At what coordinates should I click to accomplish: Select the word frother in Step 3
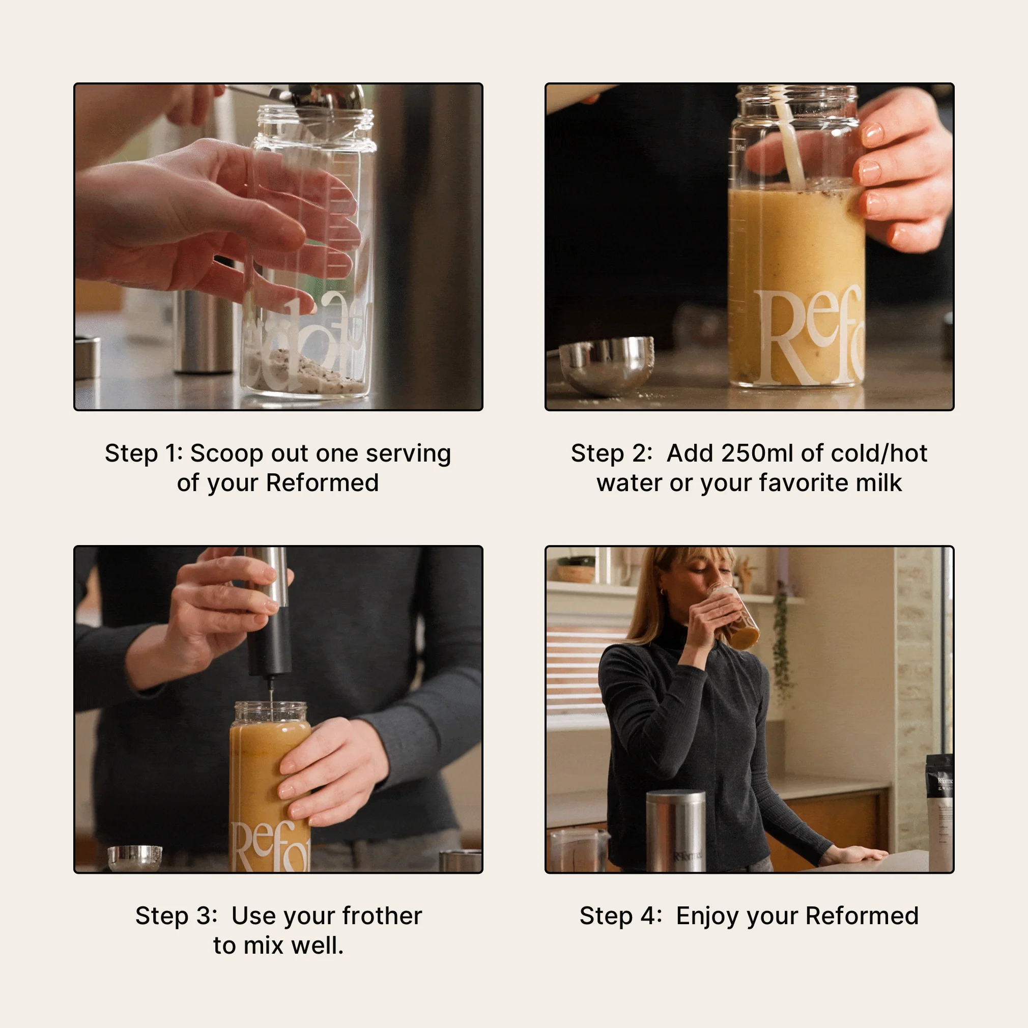(382, 916)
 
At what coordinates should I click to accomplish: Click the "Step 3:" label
(176, 916)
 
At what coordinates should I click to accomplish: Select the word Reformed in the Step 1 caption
(322, 483)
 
